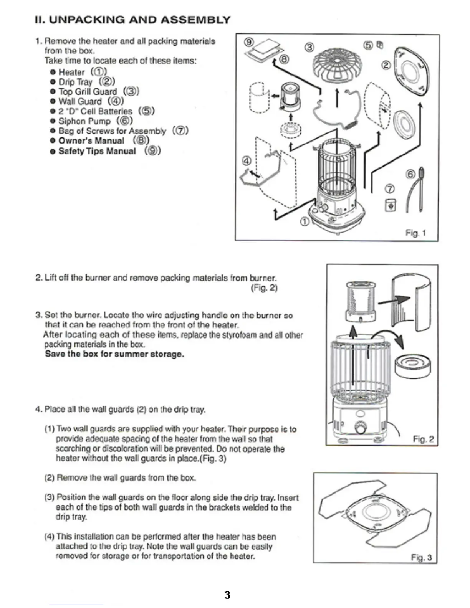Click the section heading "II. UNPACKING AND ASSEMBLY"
(132, 20)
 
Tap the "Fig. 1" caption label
(416, 233)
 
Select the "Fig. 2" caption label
(423, 439)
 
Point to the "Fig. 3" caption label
(421, 557)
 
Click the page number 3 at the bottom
(227, 595)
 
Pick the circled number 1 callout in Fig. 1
(304, 221)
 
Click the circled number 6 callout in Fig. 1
(410, 174)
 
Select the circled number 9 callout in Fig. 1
(249, 42)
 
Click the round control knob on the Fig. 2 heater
(360, 428)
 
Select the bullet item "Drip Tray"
(76, 82)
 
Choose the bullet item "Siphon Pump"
(84, 121)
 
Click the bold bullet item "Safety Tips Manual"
(97, 151)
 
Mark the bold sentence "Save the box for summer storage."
(114, 354)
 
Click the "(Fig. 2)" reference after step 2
(264, 288)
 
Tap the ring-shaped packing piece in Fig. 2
(412, 365)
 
